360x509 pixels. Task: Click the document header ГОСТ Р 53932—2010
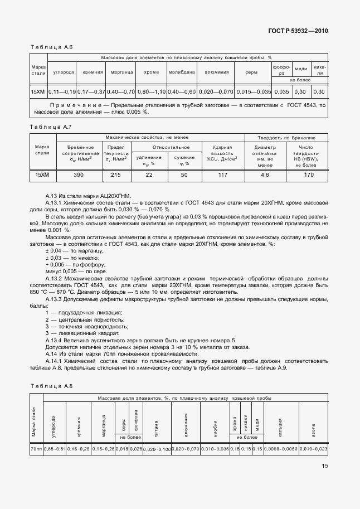[298, 31]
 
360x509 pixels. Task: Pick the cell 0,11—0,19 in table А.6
[61, 91]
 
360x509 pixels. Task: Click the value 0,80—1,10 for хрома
[151, 91]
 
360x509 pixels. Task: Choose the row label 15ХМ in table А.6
[38, 91]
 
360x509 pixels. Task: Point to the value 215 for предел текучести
[115, 175]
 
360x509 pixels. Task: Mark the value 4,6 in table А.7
[265, 175]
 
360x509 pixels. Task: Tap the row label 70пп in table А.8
[36, 449]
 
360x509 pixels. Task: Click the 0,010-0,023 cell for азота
[314, 449]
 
